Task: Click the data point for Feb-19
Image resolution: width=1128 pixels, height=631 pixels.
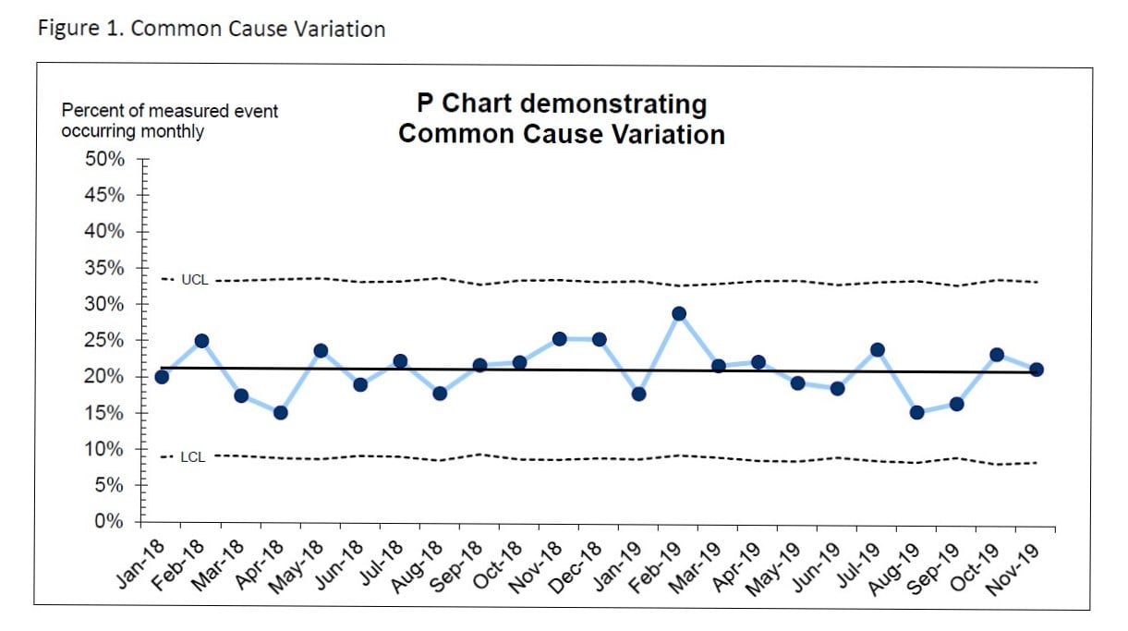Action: coord(679,313)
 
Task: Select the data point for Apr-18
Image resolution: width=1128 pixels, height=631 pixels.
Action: coord(281,412)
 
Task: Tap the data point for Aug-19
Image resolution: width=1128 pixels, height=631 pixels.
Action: coord(917,412)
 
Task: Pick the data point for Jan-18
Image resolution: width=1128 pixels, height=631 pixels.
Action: coord(162,376)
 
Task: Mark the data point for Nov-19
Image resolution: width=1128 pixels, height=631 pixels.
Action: coord(1037,369)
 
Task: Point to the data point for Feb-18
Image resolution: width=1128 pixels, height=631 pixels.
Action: coord(201,341)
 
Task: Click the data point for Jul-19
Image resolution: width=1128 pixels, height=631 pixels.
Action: coord(878,349)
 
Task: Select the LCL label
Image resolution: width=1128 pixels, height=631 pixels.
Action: coord(193,456)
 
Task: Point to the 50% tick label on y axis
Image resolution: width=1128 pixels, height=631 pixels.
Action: coord(105,159)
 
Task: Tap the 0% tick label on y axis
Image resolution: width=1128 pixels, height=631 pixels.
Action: coord(111,521)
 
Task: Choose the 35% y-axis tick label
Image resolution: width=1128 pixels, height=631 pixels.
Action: coord(105,268)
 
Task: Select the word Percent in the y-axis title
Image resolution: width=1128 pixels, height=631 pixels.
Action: coord(91,111)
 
